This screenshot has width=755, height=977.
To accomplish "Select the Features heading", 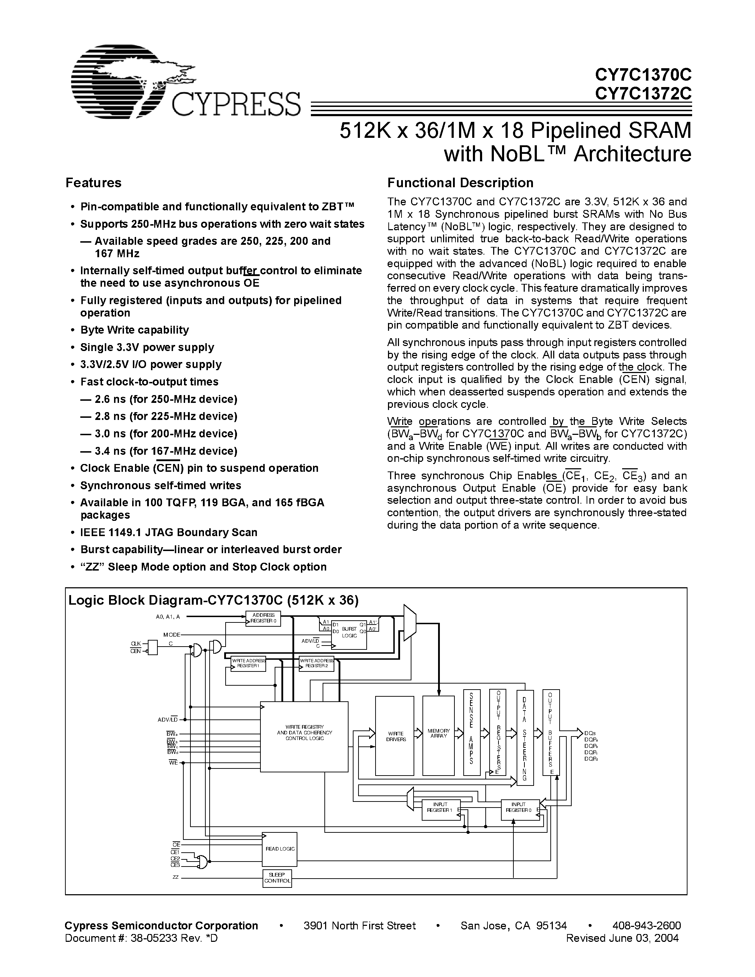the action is tap(93, 183).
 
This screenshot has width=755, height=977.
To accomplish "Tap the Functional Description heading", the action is tap(460, 183).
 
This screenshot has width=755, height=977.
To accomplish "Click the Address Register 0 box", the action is tap(263, 618).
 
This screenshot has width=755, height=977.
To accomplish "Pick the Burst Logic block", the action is tap(349, 633).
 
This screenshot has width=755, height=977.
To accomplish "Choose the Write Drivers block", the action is tap(395, 736).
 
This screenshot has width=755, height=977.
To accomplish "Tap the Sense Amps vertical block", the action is tap(471, 732).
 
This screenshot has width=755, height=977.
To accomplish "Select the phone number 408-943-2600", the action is tap(646, 925).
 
